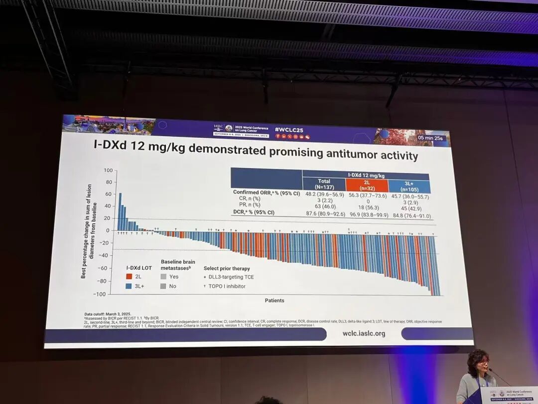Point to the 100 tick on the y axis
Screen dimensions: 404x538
(108, 171)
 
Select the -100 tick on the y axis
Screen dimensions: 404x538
(101, 294)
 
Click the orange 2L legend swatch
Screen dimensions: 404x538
(129, 276)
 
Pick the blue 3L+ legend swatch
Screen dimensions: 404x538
(129, 286)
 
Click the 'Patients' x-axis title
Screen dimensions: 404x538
(274, 300)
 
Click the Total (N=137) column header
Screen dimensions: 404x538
(324, 185)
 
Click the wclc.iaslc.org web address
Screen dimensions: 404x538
(364, 333)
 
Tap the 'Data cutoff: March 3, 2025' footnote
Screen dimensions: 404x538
(108, 314)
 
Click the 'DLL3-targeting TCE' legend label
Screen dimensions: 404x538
(230, 277)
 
